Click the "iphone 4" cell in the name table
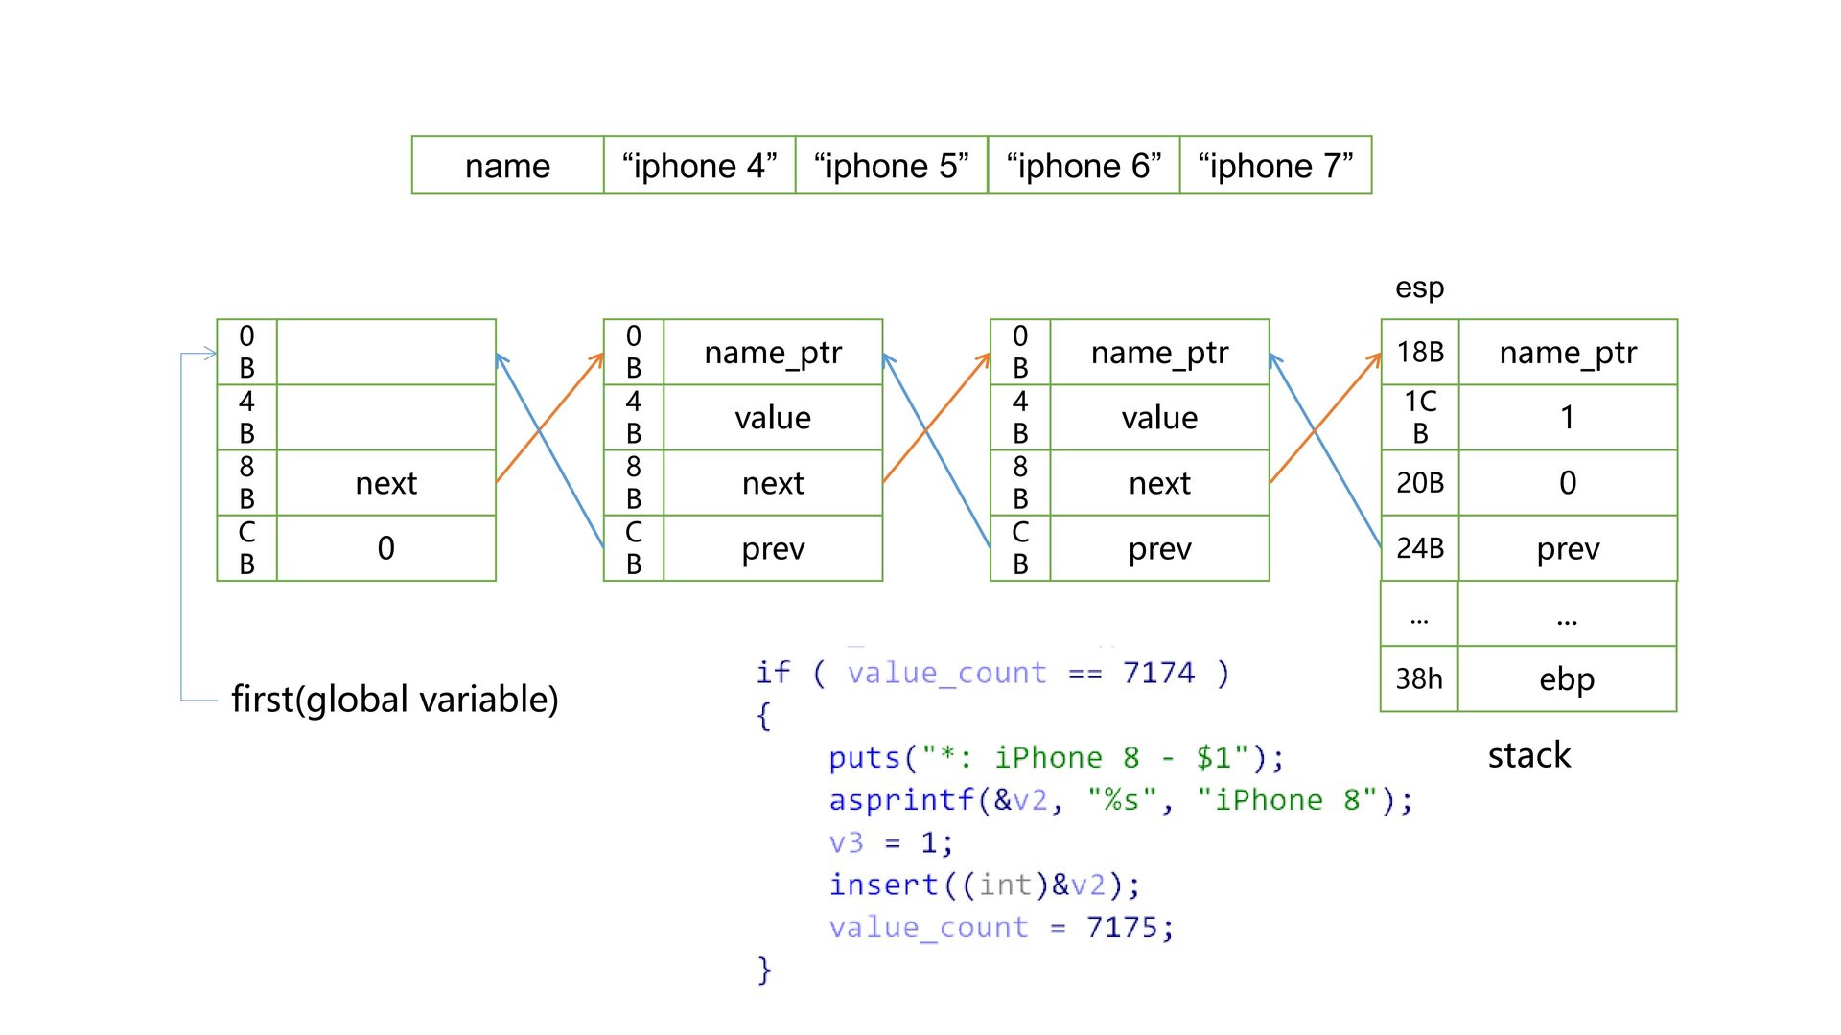(x=699, y=166)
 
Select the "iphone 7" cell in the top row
(x=1275, y=166)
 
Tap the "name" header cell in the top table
(x=507, y=166)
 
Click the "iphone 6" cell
(x=1084, y=166)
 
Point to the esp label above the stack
(x=1419, y=287)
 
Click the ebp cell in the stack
(x=1567, y=678)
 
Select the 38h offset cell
(x=1419, y=678)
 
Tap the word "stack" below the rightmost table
(x=1528, y=755)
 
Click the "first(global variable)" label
(x=394, y=700)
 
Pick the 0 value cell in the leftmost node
(x=385, y=548)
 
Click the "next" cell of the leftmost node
(x=385, y=483)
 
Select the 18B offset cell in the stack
(x=1420, y=352)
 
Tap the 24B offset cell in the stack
(x=1420, y=548)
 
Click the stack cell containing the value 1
(x=1567, y=417)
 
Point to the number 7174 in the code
(x=1158, y=673)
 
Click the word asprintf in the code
(x=901, y=800)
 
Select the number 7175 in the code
(x=1122, y=928)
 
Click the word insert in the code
(x=883, y=885)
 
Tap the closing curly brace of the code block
(x=763, y=970)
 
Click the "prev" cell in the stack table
(x=1567, y=548)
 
